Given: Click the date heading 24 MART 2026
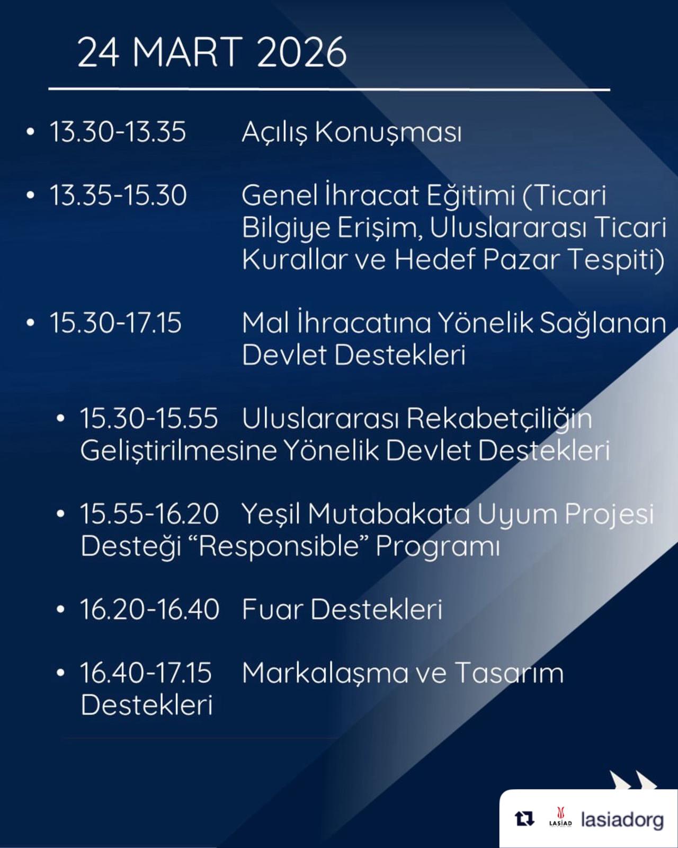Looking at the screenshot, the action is pos(212,52).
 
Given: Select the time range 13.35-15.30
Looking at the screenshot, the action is pos(118,196).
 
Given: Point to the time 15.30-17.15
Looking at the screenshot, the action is pos(115,323).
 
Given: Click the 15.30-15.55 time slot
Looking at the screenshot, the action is pos(149,418).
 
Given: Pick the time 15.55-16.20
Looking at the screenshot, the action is pos(149,514).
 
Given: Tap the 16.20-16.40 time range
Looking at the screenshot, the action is pos(150,609).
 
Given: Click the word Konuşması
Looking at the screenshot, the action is pos(388,133).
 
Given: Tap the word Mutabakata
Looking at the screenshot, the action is pos(389,514).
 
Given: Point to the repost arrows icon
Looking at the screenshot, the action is pos(525,819).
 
